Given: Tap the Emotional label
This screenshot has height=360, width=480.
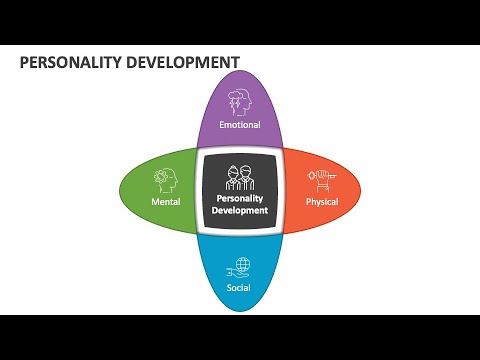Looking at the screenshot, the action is pyautogui.click(x=240, y=125).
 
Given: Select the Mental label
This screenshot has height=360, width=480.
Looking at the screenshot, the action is pyautogui.click(x=166, y=202).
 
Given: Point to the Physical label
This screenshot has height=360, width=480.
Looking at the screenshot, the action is pyautogui.click(x=322, y=202).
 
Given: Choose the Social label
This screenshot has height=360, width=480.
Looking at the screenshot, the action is pyautogui.click(x=239, y=287).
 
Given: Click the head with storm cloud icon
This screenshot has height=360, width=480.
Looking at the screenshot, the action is pyautogui.click(x=239, y=102).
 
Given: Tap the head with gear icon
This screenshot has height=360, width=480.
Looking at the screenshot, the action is pyautogui.click(x=166, y=180).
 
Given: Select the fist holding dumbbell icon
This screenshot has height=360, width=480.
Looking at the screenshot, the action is pyautogui.click(x=322, y=180).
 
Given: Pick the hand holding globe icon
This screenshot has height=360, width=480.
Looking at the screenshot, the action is pyautogui.click(x=238, y=268).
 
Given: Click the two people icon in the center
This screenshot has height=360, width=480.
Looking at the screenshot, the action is pyautogui.click(x=240, y=178).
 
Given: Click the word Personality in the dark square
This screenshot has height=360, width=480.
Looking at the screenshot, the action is pyautogui.click(x=240, y=199).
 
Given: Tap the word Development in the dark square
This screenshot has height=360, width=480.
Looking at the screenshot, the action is pyautogui.click(x=240, y=210).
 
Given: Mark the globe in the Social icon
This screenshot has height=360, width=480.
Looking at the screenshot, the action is pyautogui.click(x=243, y=264).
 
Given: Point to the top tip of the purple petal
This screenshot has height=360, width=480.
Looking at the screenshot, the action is pyautogui.click(x=240, y=71).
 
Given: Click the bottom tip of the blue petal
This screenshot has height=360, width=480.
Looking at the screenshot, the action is pyautogui.click(x=240, y=312).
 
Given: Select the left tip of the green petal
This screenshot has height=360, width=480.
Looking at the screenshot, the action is pyautogui.click(x=119, y=191).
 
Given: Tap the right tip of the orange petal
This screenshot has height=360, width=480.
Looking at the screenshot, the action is pyautogui.click(x=361, y=191).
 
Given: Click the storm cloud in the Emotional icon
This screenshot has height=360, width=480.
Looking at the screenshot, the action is pyautogui.click(x=235, y=96).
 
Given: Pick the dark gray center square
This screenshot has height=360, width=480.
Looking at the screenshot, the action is pyautogui.click(x=240, y=191).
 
